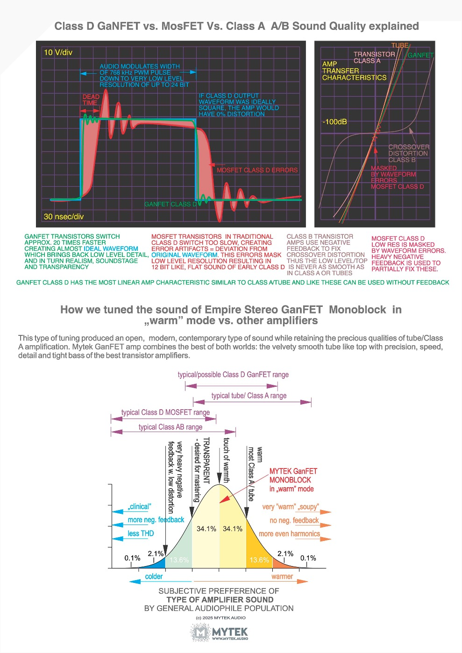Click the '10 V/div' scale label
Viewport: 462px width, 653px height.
[x=58, y=52]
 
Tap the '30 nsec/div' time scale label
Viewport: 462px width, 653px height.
[x=64, y=217]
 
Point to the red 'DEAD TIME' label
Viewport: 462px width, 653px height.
[x=91, y=99]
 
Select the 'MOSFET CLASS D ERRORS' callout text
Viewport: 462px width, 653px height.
[x=257, y=170]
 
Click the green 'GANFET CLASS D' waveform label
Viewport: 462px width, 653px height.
[x=171, y=204]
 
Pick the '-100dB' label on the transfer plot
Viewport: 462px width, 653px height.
[x=334, y=122]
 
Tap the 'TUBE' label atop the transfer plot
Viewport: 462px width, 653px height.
[x=399, y=45]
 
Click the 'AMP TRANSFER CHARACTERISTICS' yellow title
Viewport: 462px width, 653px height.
[x=354, y=71]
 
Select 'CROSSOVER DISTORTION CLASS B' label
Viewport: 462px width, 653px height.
[x=408, y=153]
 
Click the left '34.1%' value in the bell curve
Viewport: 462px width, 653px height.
[x=206, y=529]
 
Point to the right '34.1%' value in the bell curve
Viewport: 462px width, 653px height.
[x=233, y=529]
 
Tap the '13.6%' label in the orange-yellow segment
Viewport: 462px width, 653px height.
[x=259, y=560]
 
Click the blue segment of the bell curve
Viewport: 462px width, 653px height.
[x=156, y=561]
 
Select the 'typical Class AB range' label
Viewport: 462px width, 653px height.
[x=171, y=427]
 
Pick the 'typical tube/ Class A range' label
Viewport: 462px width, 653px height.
[x=249, y=396]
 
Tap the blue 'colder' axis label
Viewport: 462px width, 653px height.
[x=154, y=576]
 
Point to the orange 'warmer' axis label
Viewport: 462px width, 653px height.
[x=282, y=576]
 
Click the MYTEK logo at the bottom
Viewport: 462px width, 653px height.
[x=220, y=633]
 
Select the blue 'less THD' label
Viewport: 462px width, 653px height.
[x=141, y=533]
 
